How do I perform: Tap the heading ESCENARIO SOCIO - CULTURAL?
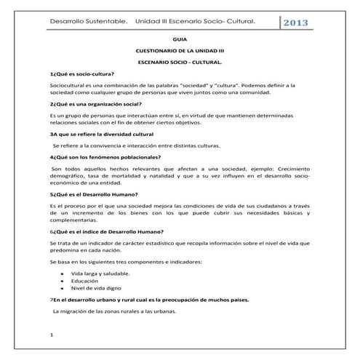(x=180, y=65)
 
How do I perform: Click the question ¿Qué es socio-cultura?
(x=81, y=75)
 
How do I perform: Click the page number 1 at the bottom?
(x=52, y=335)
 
